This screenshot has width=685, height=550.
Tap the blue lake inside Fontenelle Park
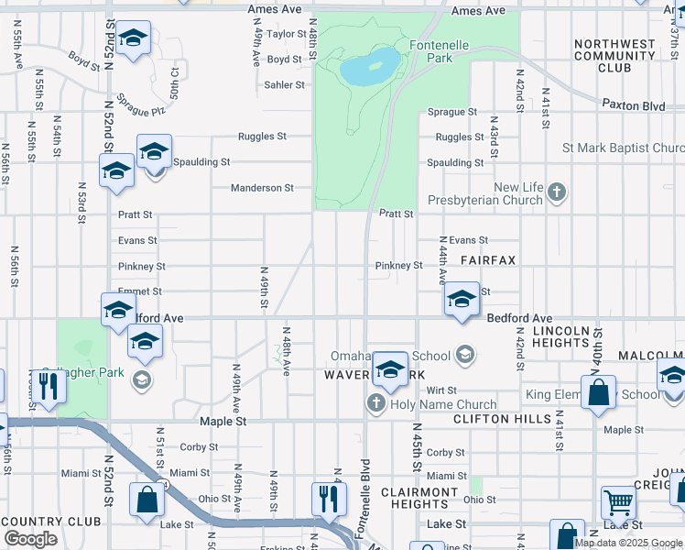[370, 66]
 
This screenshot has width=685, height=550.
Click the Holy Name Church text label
[443, 404]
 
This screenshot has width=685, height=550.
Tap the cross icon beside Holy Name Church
[375, 403]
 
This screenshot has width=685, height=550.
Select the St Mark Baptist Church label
[623, 148]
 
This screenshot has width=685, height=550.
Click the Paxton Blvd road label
[633, 106]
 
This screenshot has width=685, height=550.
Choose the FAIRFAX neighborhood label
[488, 261]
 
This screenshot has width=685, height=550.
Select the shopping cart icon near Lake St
[619, 502]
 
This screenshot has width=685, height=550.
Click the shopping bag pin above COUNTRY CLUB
[147, 500]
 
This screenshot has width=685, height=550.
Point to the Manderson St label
[262, 188]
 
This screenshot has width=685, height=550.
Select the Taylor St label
[286, 34]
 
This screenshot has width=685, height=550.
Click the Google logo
[30, 539]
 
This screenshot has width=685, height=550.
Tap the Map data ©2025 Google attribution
[627, 543]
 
